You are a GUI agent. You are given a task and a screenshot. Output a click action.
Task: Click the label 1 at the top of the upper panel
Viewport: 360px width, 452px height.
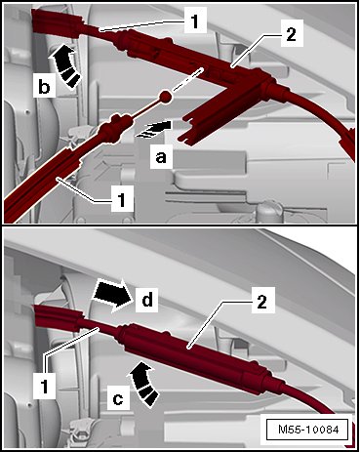click(195, 21)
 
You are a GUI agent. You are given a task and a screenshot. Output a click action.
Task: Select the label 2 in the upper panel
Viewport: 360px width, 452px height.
click(291, 33)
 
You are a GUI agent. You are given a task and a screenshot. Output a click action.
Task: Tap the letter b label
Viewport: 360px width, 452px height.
click(44, 86)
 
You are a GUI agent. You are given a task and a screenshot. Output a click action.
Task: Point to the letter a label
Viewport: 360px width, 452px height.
click(161, 157)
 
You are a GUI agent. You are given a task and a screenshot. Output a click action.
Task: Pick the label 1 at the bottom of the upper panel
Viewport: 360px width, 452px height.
click(122, 199)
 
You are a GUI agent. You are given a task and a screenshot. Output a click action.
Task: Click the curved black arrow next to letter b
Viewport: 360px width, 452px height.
click(65, 66)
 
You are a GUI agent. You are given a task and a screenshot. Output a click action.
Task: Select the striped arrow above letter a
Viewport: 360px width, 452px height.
click(154, 129)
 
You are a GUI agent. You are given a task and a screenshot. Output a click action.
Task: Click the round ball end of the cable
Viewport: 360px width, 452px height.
click(166, 97)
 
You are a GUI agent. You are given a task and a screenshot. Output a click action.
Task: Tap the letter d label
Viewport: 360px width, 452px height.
click(146, 300)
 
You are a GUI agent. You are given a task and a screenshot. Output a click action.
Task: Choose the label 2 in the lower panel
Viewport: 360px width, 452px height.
click(262, 301)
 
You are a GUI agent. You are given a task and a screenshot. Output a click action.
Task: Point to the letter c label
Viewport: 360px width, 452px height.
click(118, 398)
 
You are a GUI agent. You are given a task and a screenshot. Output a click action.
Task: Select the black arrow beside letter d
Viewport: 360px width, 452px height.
click(112, 296)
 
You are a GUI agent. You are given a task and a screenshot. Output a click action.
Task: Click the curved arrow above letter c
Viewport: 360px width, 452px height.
click(143, 384)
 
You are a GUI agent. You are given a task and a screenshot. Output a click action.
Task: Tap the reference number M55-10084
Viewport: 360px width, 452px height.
click(308, 430)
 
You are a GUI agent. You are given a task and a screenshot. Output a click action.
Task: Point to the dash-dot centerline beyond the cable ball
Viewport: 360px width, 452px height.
click(188, 78)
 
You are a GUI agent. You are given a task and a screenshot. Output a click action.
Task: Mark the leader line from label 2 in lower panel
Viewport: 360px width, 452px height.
click(221, 324)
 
